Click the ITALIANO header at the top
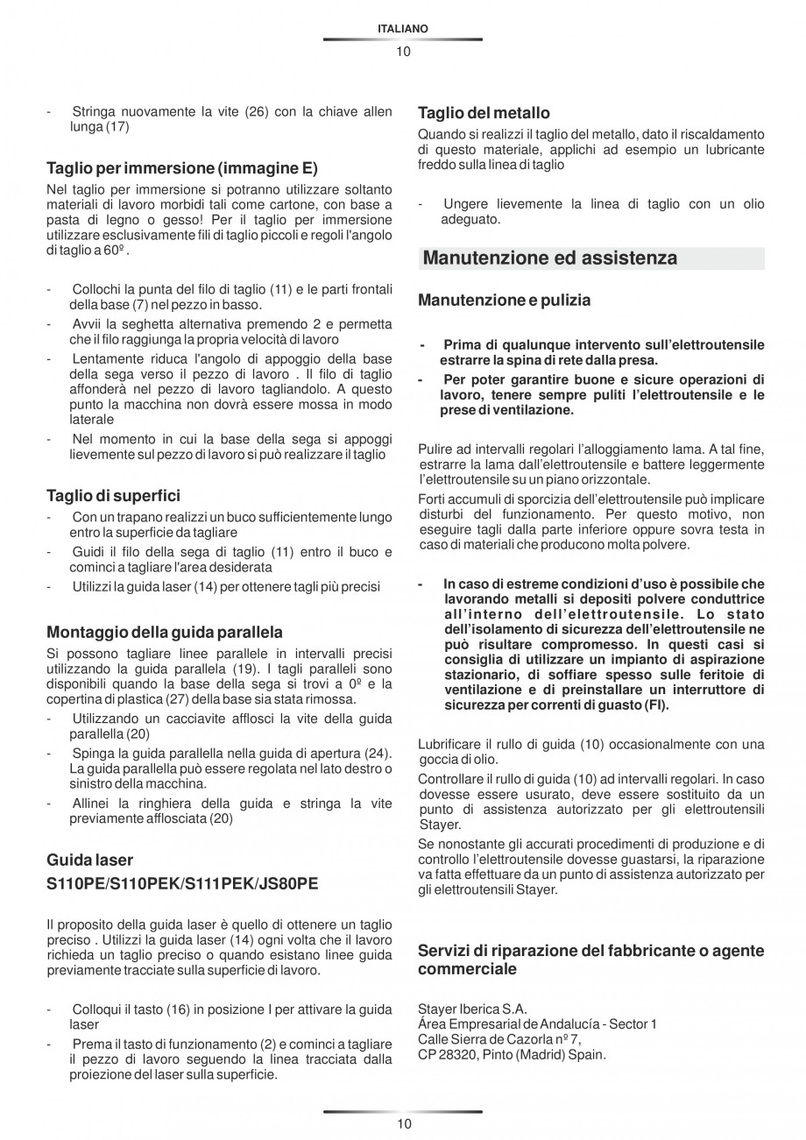[402, 29]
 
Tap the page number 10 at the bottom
[402, 1124]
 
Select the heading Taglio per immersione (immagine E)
[182, 168]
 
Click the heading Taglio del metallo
[484, 113]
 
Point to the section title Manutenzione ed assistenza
[549, 258]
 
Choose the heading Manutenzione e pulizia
[504, 301]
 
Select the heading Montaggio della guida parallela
[165, 632]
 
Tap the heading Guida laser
[89, 860]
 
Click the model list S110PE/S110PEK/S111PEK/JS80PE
[182, 884]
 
